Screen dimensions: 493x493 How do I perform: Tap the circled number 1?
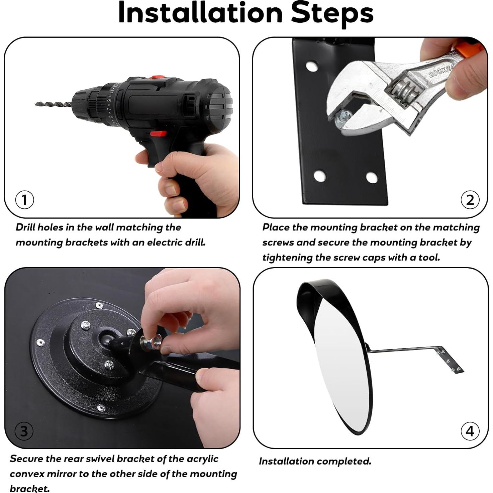click(24, 200)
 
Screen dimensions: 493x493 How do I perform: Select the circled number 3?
click(24, 431)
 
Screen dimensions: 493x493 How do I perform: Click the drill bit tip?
click(35, 104)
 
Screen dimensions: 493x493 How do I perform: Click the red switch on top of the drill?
click(158, 77)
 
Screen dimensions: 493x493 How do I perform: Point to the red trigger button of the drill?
click(158, 134)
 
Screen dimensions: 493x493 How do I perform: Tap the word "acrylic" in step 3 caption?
click(202, 459)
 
